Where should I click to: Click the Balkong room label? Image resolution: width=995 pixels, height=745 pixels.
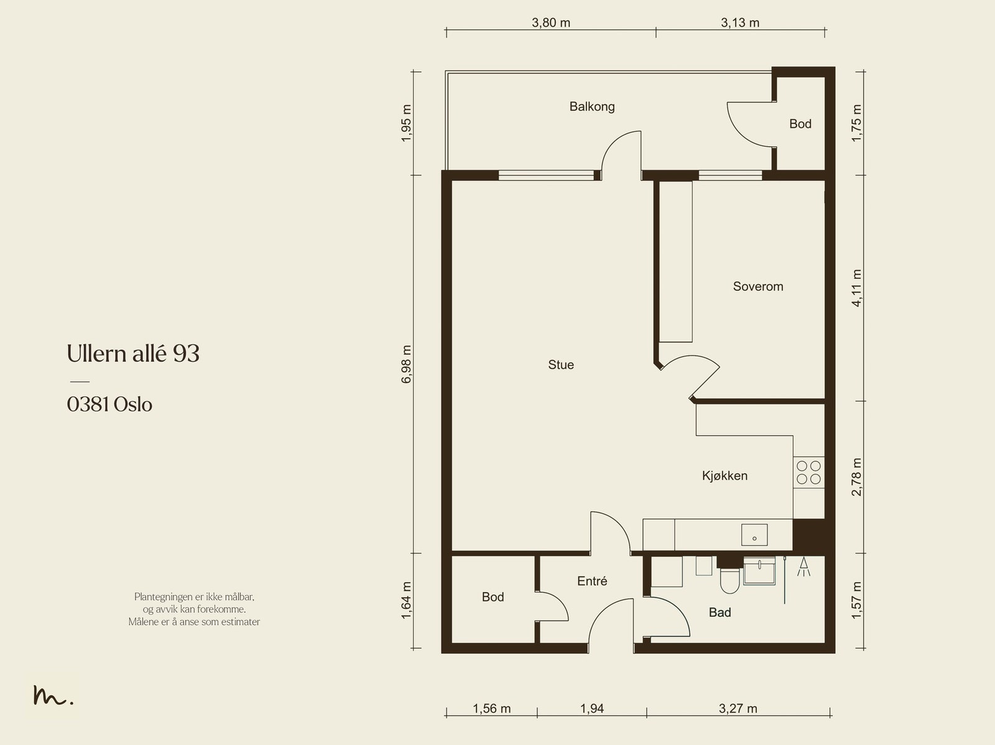(x=592, y=107)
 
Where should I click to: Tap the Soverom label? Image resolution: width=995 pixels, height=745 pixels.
(x=758, y=287)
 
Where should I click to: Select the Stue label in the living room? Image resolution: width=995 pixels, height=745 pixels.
(x=561, y=365)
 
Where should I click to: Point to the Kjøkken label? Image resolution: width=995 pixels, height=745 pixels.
(x=725, y=476)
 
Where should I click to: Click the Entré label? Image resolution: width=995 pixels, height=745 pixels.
(x=592, y=581)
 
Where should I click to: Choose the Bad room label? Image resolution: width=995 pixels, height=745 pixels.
(x=720, y=613)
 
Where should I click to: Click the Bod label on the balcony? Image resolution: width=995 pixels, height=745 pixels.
(x=800, y=124)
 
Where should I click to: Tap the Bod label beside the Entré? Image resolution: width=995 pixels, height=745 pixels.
(x=493, y=597)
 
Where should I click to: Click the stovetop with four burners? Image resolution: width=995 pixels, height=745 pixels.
(x=808, y=472)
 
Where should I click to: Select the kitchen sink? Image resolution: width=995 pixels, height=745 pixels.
(x=754, y=535)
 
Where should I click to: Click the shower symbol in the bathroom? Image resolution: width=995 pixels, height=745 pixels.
(x=803, y=567)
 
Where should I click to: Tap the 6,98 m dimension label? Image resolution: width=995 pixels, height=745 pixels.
(x=407, y=364)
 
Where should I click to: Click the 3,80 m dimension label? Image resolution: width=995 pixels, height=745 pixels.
(x=551, y=22)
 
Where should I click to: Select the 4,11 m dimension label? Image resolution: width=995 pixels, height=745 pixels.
(x=856, y=288)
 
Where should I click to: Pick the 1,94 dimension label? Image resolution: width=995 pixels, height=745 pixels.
(x=592, y=709)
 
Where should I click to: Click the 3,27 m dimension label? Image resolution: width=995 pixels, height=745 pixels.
(x=738, y=709)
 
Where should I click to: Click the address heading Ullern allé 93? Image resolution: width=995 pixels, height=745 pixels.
(x=133, y=353)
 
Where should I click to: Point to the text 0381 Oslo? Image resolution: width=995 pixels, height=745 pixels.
(x=109, y=405)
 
